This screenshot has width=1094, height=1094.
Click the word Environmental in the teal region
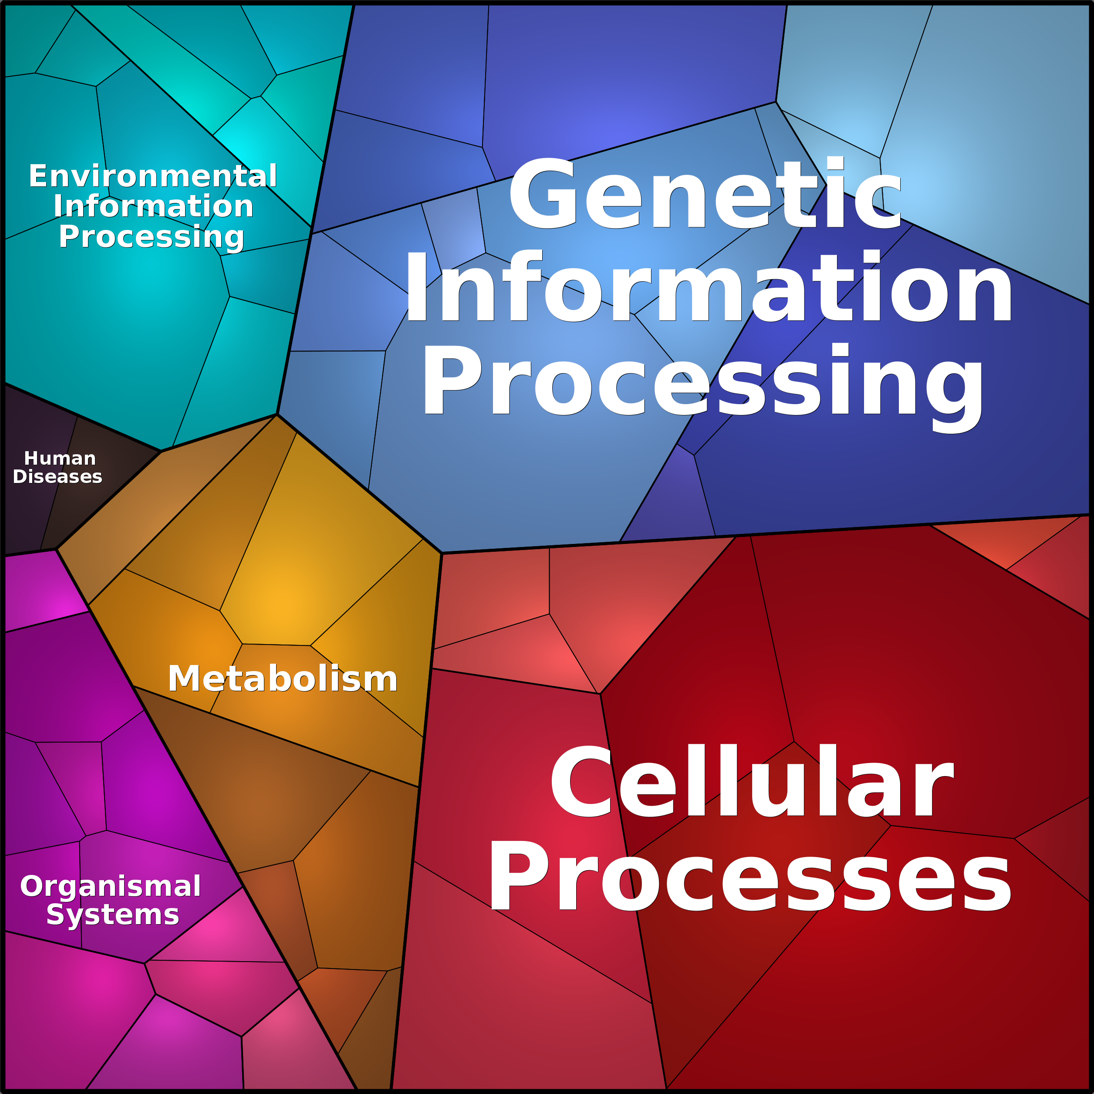(x=153, y=176)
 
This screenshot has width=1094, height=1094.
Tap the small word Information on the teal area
(x=153, y=206)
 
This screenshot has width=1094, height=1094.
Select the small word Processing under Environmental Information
(x=151, y=236)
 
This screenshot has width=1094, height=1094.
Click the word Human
(x=60, y=458)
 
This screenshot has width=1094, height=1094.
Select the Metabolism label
(x=283, y=679)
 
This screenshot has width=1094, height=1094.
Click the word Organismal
(x=111, y=886)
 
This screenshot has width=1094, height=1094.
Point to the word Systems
(x=113, y=915)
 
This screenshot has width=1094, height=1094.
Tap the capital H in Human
(x=30, y=458)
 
